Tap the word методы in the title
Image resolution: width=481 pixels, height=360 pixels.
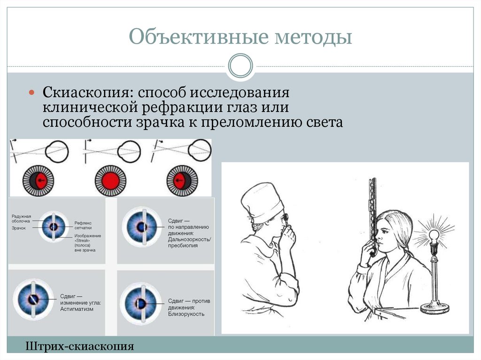pos(310,37)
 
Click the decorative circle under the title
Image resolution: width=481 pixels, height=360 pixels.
pos(240,65)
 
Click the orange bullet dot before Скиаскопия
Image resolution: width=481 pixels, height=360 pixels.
pos(32,92)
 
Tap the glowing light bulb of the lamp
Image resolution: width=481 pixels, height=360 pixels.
pos(434,234)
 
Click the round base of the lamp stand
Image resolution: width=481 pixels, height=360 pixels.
pos(434,308)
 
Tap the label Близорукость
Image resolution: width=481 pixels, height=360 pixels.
pos(186,314)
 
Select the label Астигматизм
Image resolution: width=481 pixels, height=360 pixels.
pos(77,309)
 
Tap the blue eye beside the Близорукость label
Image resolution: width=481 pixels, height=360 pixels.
pos(140,303)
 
